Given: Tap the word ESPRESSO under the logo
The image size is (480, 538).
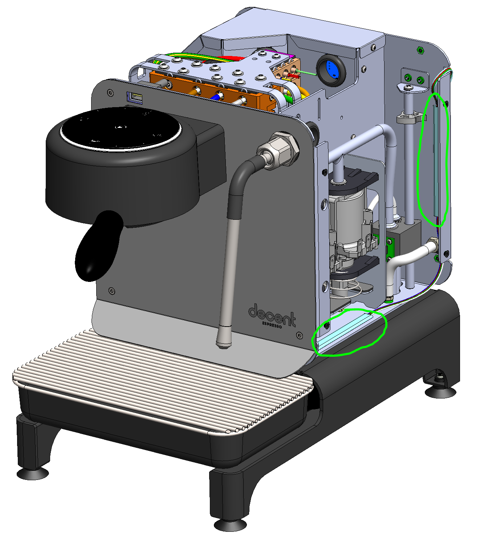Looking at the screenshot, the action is (x=272, y=325).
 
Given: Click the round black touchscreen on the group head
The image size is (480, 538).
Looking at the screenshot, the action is (x=121, y=129).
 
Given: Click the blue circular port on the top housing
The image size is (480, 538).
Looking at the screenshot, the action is (x=330, y=70).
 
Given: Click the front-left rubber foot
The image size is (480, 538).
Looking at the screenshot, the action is (x=33, y=474).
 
